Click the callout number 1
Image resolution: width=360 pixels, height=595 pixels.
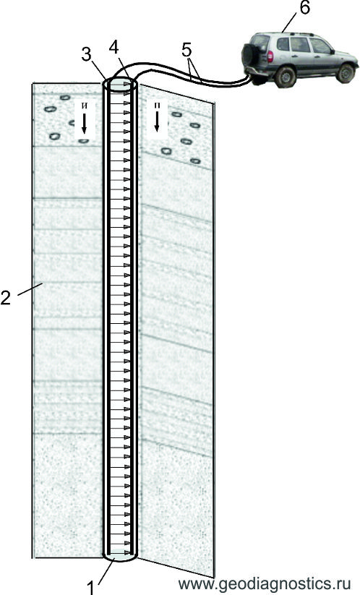point(90,588)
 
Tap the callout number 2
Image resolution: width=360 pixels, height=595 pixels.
point(5,298)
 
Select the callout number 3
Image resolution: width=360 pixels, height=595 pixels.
point(87,55)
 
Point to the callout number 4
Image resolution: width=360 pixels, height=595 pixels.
point(113,47)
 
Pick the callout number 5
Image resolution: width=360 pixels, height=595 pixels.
point(187,49)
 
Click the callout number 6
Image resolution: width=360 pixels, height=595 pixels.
point(304,8)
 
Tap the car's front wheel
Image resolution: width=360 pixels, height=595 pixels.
point(346,73)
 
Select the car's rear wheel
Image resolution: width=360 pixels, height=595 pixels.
point(285,76)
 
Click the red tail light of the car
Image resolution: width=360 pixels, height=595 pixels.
point(270,56)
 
